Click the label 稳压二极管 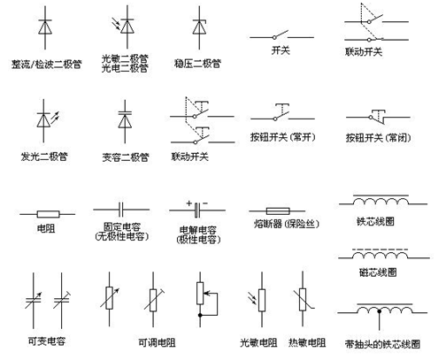click(x=197, y=64)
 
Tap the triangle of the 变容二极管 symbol click(x=125, y=121)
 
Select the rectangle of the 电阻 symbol click(x=48, y=214)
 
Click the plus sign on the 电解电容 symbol click(x=189, y=203)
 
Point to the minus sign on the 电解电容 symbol click(x=205, y=203)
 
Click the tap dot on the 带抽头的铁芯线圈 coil click(x=380, y=311)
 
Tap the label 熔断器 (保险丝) click(x=287, y=224)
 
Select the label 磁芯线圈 click(x=378, y=272)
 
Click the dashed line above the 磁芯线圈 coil click(x=381, y=249)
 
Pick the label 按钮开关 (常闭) click(x=378, y=137)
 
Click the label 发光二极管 click(x=44, y=157)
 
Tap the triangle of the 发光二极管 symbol click(x=43, y=120)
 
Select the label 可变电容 click(x=47, y=341)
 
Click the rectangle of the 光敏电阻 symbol click(x=262, y=300)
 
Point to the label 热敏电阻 click(x=307, y=342)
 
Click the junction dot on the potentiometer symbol click(x=200, y=315)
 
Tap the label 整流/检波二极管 click(x=46, y=65)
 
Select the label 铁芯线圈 click(x=375, y=221)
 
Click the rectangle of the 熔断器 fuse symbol click(x=278, y=211)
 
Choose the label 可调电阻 click(x=157, y=342)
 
